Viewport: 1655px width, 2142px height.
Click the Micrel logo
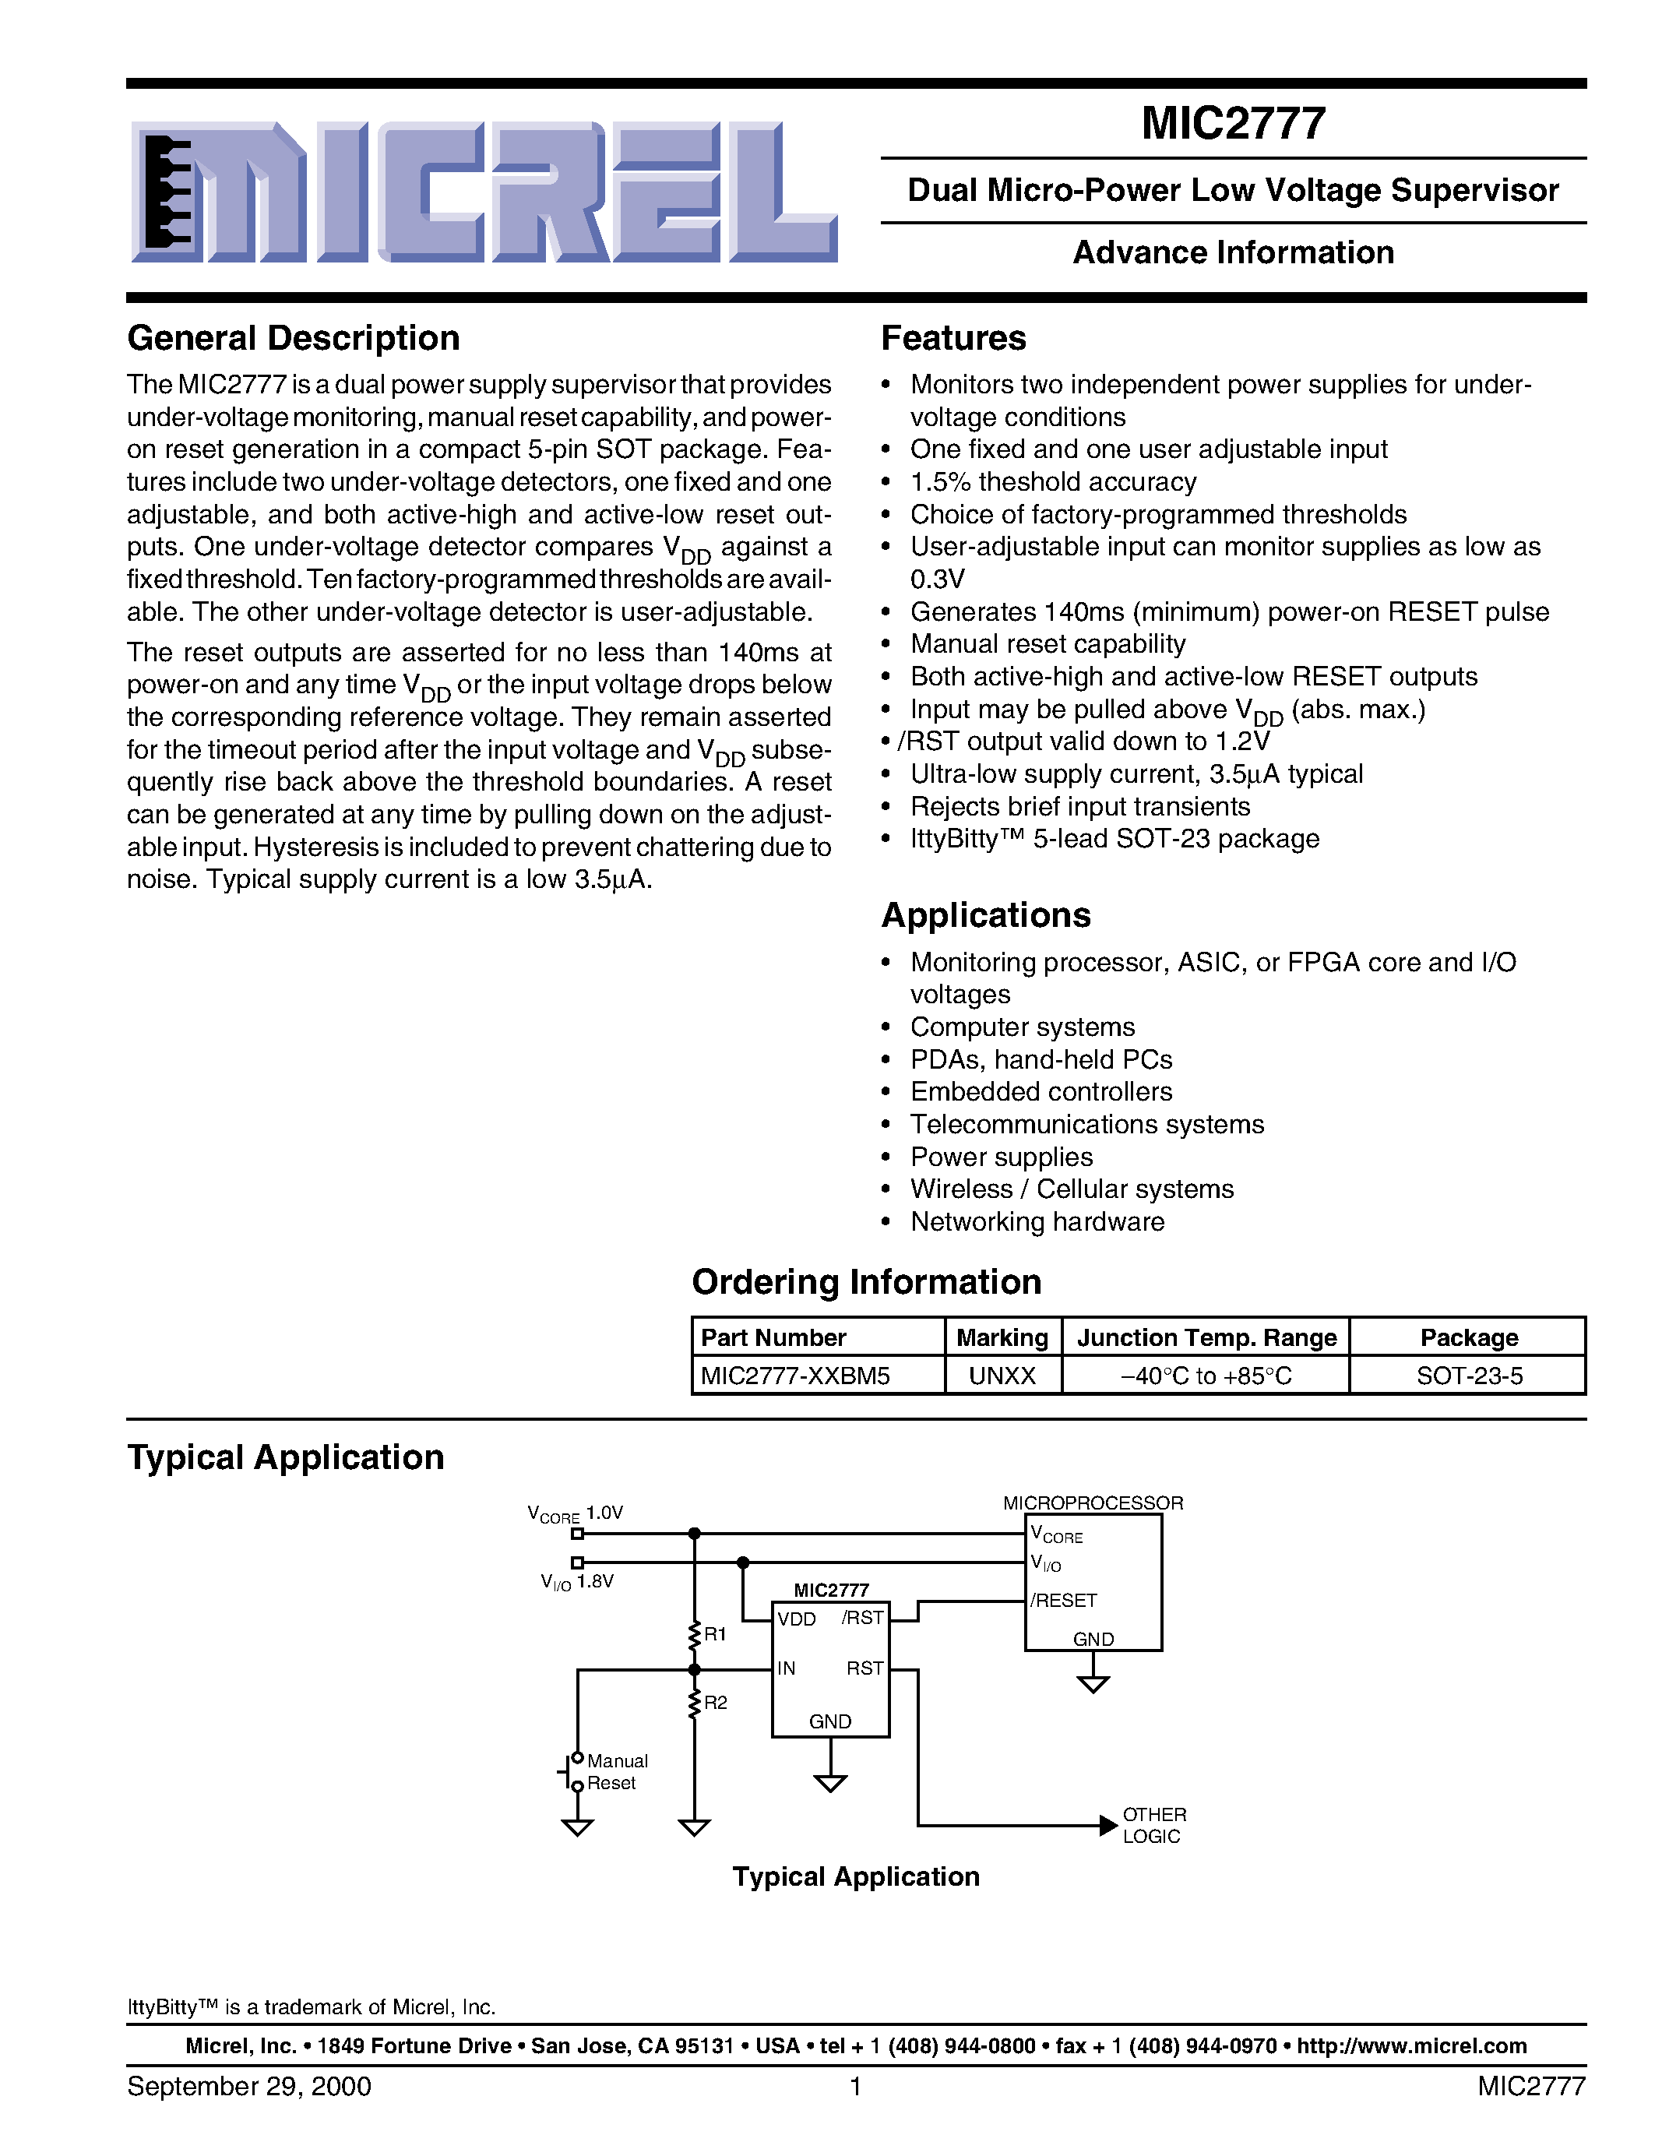click(484, 192)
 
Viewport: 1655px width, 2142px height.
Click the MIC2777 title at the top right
click(1232, 125)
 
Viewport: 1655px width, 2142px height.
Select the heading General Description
click(293, 338)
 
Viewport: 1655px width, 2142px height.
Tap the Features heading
click(953, 338)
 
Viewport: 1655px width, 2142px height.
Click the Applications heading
click(985, 915)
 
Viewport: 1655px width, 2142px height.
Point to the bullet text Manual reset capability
click(1047, 644)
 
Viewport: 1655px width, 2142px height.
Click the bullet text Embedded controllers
click(1041, 1091)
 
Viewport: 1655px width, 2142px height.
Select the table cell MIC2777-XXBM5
click(795, 1376)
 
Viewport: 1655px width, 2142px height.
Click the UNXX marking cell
click(1002, 1376)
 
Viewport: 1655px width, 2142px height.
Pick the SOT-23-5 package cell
click(1469, 1376)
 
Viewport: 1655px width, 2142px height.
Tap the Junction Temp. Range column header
click(1206, 1337)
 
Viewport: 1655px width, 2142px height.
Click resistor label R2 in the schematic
click(715, 1703)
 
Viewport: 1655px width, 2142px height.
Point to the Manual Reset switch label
click(616, 1771)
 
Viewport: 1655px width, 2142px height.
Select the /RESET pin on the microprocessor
click(1063, 1601)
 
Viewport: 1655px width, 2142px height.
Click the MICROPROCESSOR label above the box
click(1092, 1503)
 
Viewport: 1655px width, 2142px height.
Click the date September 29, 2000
click(249, 2086)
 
